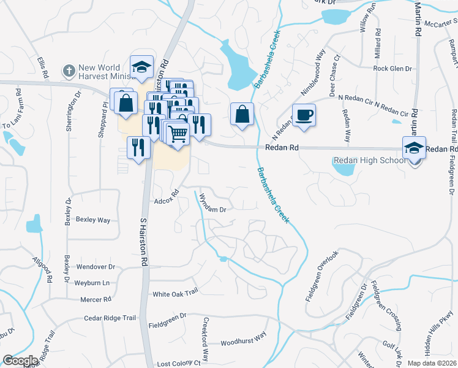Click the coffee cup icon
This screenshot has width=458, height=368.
coord(304,115)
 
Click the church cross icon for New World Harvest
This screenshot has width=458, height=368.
coord(69,72)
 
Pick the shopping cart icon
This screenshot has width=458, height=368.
coord(178,132)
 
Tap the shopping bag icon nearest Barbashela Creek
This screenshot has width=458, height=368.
coord(242,114)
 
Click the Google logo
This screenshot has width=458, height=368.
coord(21,361)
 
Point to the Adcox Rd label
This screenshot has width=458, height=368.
coord(166,200)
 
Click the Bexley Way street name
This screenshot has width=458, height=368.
coord(92,220)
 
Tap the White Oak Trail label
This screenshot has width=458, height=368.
coord(175,293)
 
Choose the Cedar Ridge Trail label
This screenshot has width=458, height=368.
coord(110,318)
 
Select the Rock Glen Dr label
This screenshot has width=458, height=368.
coord(392,69)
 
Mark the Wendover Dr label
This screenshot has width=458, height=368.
coord(96,267)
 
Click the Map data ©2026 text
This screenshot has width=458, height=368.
coord(432,363)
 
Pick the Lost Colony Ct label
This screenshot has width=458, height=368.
coord(178,363)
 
